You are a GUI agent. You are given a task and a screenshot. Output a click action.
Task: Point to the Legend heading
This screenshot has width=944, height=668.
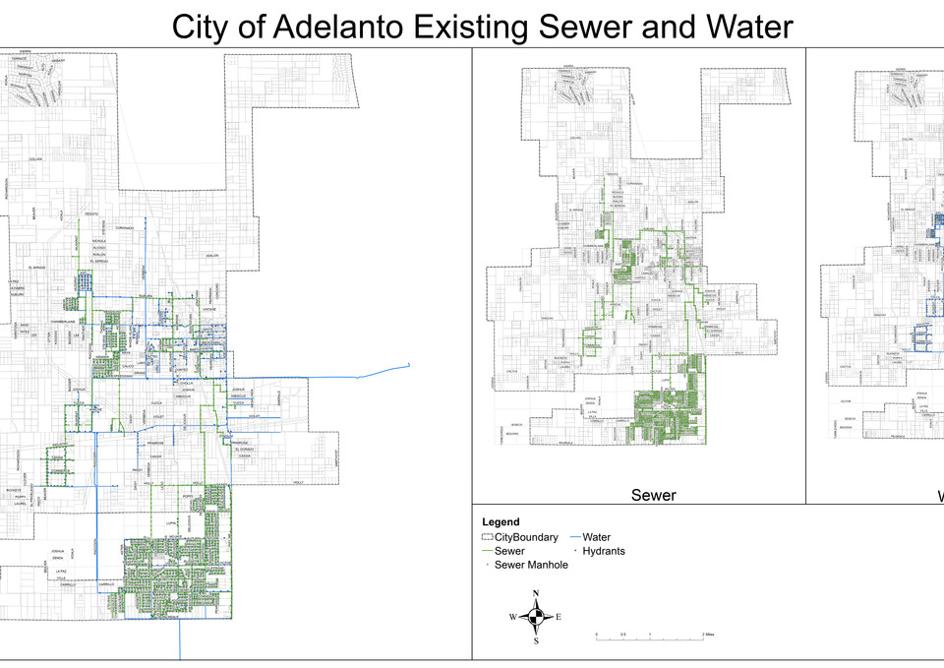coord(501,522)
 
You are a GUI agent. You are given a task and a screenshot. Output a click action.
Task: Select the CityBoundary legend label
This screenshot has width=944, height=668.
coord(526,538)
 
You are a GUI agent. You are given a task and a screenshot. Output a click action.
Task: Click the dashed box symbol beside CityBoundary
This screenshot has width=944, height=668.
coord(487,538)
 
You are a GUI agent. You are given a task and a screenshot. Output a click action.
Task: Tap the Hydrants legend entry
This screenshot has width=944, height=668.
coord(604,551)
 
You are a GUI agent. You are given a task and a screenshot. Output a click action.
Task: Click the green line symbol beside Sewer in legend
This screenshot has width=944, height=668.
coord(487,552)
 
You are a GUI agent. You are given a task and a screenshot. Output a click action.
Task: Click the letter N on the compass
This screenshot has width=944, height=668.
coord(536,593)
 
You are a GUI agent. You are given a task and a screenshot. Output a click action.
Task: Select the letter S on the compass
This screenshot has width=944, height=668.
coord(536,641)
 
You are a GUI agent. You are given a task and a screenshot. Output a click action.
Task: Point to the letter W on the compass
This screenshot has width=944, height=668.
coord(512,618)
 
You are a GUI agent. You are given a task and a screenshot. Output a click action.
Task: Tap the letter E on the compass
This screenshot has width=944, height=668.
coord(559,618)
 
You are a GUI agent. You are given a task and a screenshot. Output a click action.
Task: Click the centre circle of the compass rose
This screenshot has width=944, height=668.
coord(536,618)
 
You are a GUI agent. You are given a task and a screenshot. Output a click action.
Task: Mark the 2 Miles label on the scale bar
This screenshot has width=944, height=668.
coord(708,636)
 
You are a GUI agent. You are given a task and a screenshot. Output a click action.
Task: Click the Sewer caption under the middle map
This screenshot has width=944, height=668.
coord(653,496)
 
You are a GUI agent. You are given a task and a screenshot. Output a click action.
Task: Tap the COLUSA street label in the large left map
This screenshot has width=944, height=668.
coord(36,159)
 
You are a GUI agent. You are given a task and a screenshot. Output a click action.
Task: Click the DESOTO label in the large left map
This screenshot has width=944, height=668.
coord(91,213)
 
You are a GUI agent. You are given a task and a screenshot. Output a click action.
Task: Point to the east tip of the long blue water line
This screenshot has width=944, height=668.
coord(407,365)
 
